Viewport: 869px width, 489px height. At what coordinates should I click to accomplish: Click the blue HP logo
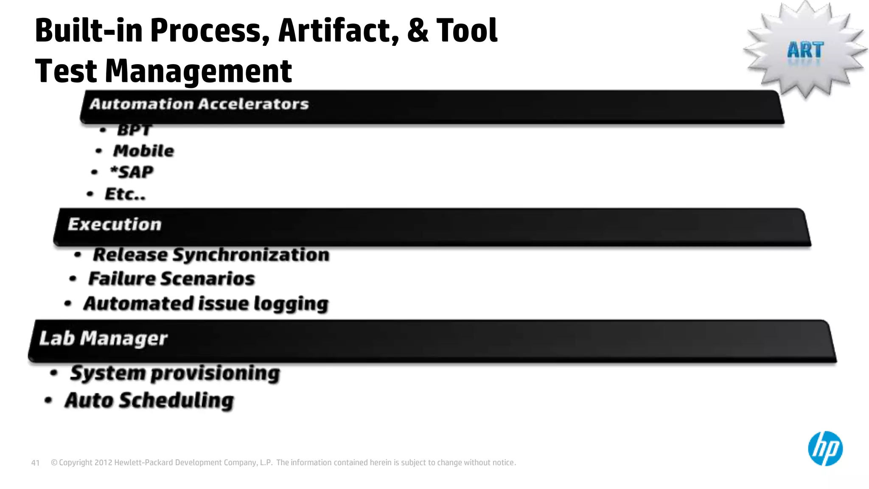825,448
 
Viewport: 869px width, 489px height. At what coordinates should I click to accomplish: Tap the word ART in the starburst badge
805,51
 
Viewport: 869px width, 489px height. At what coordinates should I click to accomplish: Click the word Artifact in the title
338,31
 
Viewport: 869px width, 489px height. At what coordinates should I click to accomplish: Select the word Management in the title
198,71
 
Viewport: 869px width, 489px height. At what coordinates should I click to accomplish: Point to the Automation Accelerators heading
199,104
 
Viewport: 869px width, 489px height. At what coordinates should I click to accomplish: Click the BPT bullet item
134,130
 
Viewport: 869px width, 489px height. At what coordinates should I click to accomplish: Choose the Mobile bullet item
143,151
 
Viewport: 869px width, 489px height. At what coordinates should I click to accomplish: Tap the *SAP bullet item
132,172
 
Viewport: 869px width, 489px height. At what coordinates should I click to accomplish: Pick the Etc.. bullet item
125,194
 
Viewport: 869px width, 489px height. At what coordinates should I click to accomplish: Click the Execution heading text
115,224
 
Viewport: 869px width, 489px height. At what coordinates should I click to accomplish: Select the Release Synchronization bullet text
211,255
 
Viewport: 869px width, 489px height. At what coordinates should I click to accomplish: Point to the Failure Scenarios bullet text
171,279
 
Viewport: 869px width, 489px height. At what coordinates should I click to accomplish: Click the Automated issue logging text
206,304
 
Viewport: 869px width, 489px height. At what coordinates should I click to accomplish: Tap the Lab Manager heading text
103,338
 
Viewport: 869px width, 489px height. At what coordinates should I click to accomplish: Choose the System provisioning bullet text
175,373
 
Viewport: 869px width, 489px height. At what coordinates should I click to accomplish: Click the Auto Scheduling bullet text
149,400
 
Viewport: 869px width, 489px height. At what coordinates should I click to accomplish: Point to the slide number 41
35,463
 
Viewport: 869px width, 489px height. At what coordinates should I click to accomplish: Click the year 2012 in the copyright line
103,463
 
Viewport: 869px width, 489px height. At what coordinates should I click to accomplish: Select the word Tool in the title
467,31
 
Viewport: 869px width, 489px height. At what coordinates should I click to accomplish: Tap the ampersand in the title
418,31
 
